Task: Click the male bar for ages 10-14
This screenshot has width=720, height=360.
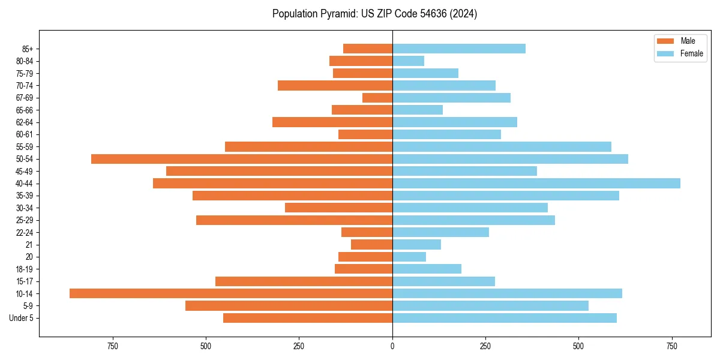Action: (x=231, y=293)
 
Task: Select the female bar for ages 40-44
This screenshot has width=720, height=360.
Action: (x=536, y=184)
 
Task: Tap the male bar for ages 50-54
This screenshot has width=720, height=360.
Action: (x=242, y=159)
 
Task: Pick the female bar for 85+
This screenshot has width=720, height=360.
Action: (x=459, y=49)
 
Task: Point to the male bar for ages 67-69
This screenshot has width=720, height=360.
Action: (x=377, y=98)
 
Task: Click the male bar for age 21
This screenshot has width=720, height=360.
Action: (x=372, y=245)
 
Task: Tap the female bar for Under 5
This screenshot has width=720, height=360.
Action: (x=505, y=318)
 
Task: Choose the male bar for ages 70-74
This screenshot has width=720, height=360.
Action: (x=335, y=86)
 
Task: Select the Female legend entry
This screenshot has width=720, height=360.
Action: (x=680, y=53)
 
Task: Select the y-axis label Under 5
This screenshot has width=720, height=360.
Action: (x=21, y=318)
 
